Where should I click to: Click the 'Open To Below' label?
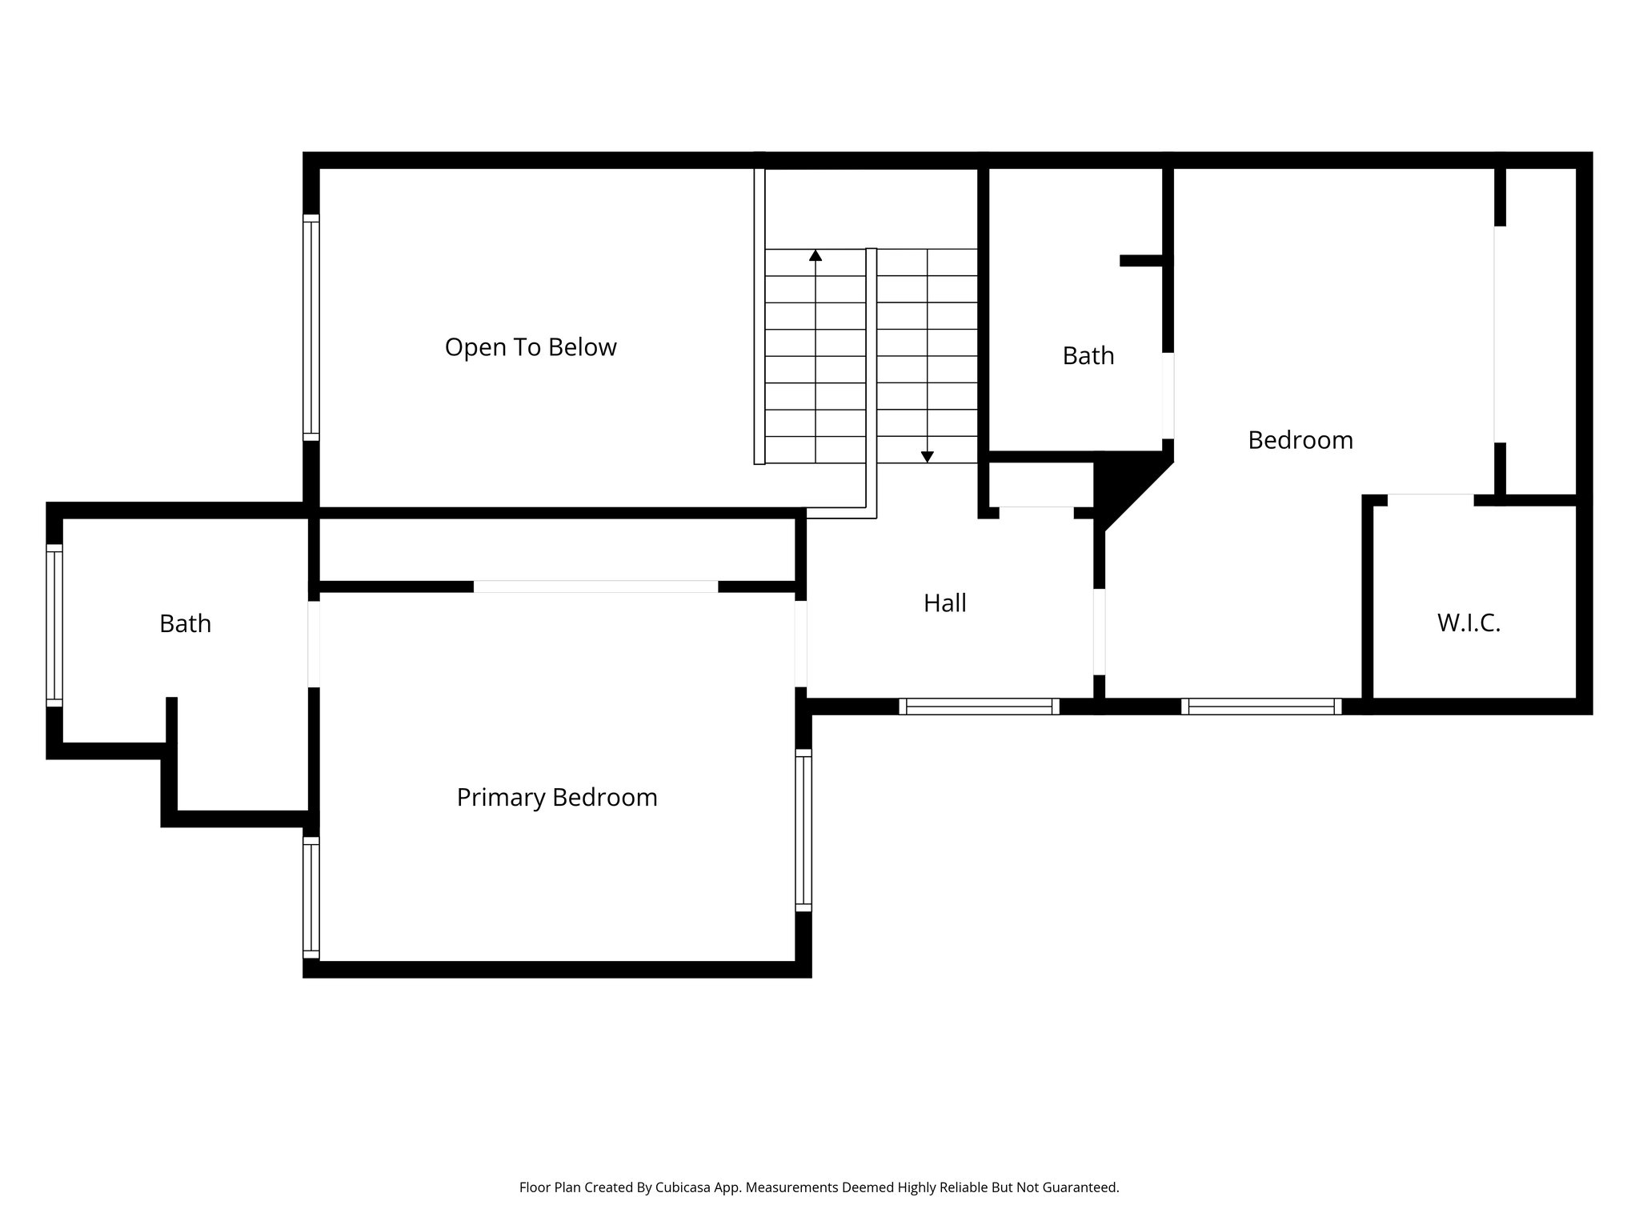coord(531,347)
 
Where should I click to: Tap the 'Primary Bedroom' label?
coord(557,798)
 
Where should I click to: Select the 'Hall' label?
coord(944,603)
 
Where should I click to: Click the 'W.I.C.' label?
coord(1469,623)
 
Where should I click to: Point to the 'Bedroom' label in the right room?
coord(1300,440)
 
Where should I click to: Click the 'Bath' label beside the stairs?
coord(1088,356)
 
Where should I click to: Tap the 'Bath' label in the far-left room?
coord(185,624)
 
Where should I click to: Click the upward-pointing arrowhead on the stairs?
coord(815,256)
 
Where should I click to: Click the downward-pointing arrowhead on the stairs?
coord(927,457)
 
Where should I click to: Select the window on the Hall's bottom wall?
coord(979,707)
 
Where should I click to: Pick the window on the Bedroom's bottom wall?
coord(1261,707)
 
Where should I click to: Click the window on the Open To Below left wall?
coord(311,327)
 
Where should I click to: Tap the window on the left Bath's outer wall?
coord(54,626)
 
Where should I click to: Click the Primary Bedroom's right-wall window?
coord(803,830)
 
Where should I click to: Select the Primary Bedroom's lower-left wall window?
coord(311,897)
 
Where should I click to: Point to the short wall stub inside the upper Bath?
coord(1142,261)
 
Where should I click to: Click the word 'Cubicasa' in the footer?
coord(684,1187)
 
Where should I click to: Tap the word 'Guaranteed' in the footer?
coord(1084,1187)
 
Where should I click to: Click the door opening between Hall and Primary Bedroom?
coord(800,644)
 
